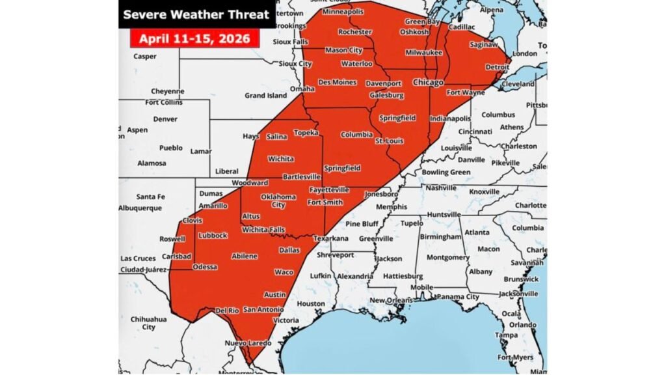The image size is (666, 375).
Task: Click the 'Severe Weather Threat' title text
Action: [x=196, y=14]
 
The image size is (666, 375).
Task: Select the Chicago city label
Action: [x=428, y=83]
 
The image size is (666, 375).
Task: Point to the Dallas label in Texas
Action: [x=289, y=250]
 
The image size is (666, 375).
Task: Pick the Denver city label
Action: [x=165, y=119]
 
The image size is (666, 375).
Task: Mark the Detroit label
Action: [x=498, y=67]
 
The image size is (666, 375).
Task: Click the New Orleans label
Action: [x=390, y=300]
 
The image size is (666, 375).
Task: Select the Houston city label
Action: [x=311, y=303]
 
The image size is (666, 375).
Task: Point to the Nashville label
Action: [x=442, y=187]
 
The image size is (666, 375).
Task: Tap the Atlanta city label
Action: [x=477, y=232]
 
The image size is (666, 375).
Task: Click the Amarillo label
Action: [x=213, y=206]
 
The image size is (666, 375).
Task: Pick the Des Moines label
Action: [x=337, y=83]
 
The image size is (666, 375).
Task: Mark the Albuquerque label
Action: [x=140, y=208]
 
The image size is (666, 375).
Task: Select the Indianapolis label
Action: [x=450, y=118]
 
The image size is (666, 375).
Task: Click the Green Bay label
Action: [x=419, y=21]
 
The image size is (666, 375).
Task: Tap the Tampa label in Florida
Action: [x=506, y=335]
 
